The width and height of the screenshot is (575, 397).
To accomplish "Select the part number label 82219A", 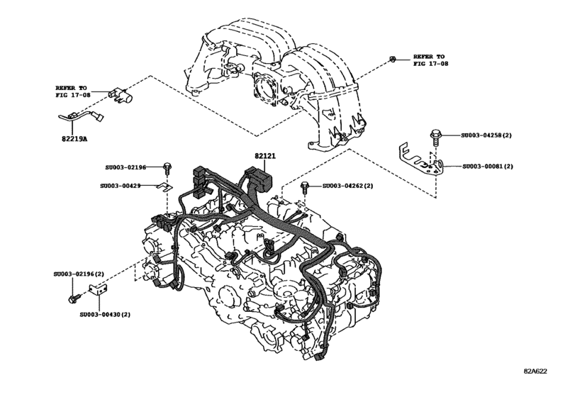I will pos(74,140).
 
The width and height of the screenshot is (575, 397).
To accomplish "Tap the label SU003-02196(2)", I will pos(79,274).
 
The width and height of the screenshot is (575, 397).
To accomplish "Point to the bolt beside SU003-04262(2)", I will pos(304,187).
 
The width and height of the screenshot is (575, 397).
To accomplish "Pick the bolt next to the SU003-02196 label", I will pos(167,169).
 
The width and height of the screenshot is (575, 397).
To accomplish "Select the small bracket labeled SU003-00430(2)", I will pos(99,290).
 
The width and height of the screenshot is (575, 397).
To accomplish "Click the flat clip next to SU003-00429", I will pos(163,186).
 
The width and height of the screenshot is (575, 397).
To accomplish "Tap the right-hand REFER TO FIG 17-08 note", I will pos(430,60).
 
